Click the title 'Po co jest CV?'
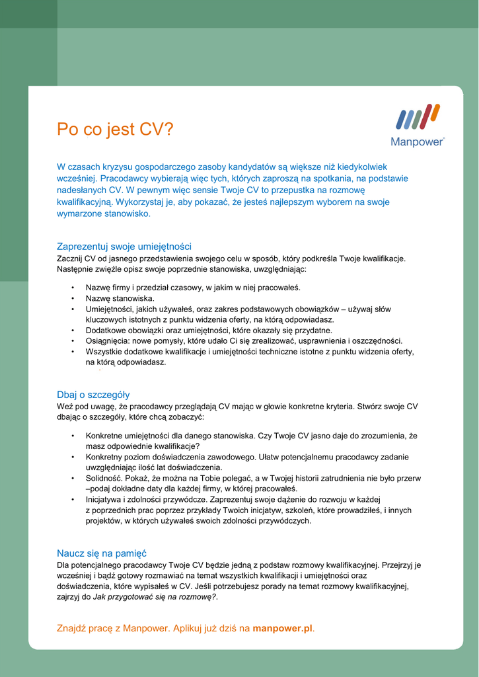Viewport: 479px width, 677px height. click(115, 129)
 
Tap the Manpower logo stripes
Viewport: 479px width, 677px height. click(418, 117)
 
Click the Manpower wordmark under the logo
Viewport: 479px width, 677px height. click(418, 141)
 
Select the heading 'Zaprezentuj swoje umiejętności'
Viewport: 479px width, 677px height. click(124, 247)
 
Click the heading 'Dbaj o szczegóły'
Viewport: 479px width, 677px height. click(93, 395)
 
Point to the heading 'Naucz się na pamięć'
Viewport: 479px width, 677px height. click(102, 553)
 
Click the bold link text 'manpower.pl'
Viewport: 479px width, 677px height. click(283, 628)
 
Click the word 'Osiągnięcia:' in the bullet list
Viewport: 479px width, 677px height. click(107, 341)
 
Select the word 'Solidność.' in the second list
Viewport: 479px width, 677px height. click(104, 478)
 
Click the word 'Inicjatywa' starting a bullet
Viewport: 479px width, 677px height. click(105, 499)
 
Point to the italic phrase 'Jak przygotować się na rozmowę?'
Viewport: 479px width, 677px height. click(155, 597)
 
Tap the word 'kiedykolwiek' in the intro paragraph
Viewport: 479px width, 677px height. click(363, 167)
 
